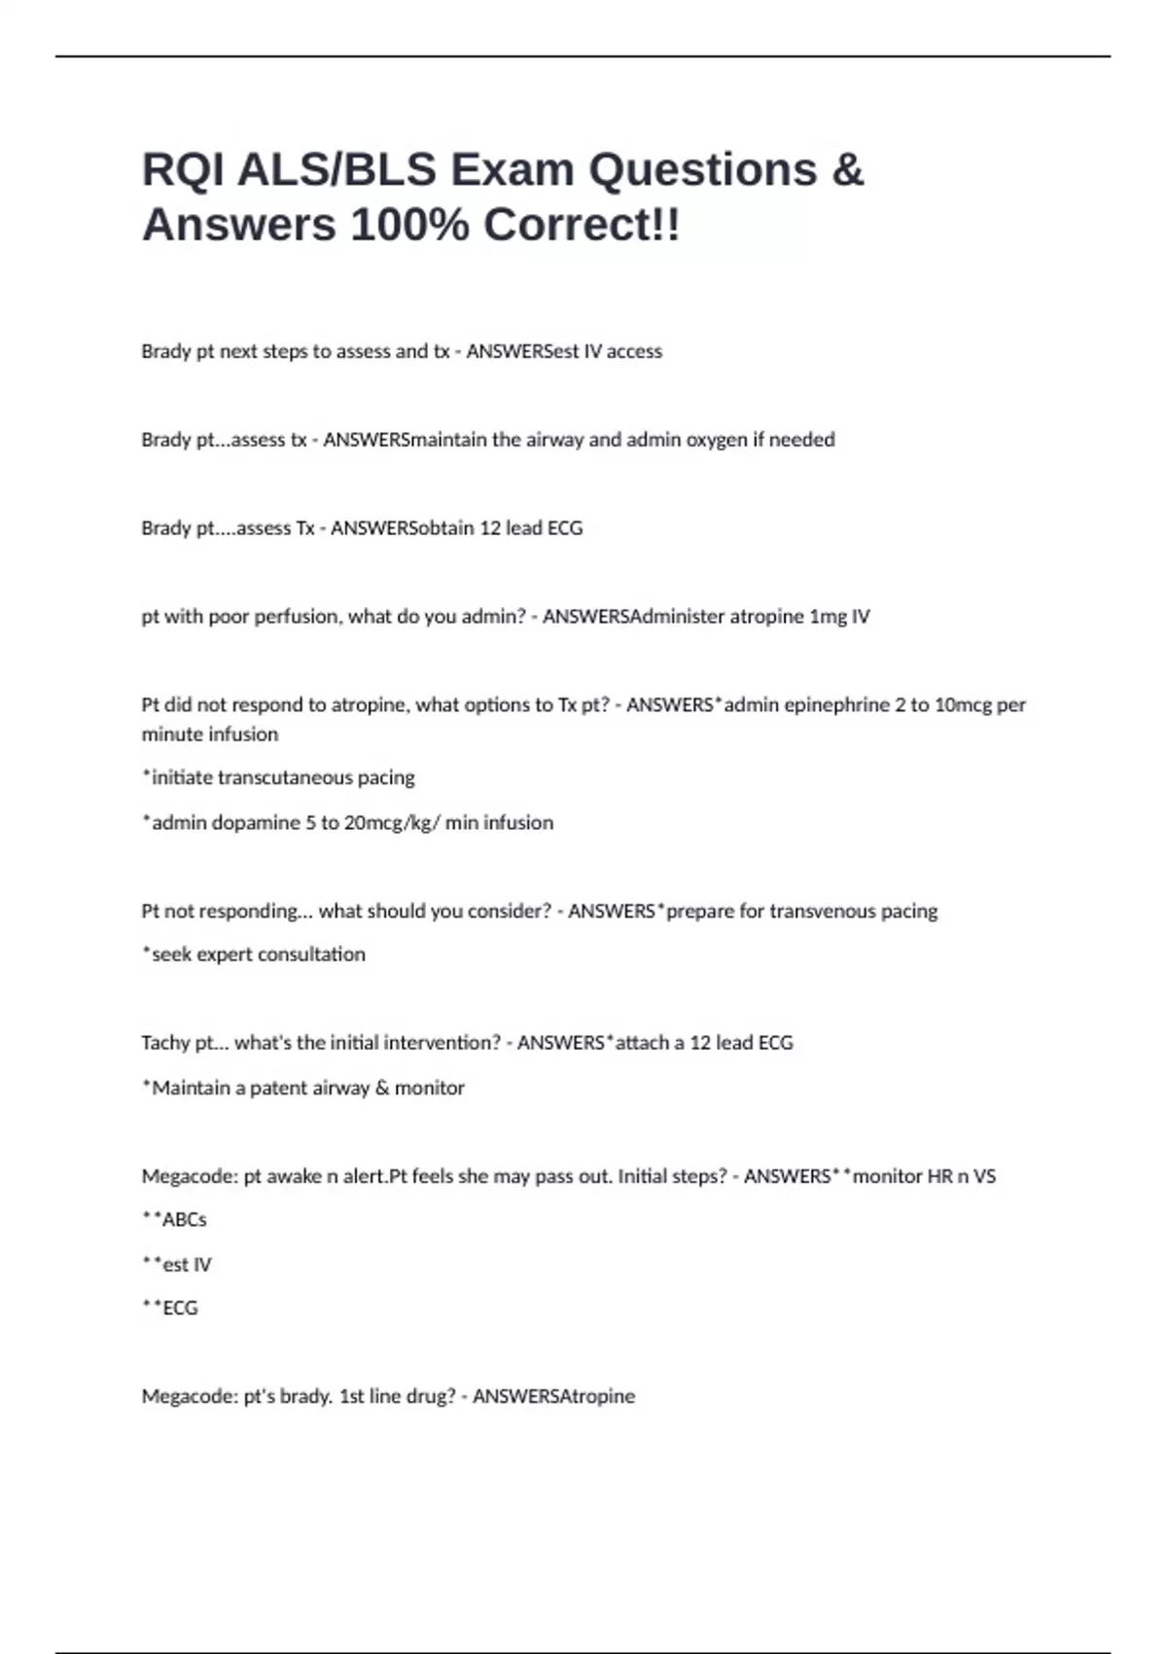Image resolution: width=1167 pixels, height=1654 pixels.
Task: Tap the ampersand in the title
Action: tap(847, 170)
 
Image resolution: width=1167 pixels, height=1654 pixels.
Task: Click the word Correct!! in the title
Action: tap(582, 226)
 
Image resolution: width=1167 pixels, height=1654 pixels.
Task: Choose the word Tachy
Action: tap(165, 1043)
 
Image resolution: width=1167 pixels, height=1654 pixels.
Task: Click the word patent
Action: tap(279, 1088)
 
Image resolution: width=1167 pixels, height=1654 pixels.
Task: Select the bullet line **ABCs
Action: tap(175, 1220)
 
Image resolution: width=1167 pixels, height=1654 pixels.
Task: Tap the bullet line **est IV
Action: tap(177, 1265)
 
